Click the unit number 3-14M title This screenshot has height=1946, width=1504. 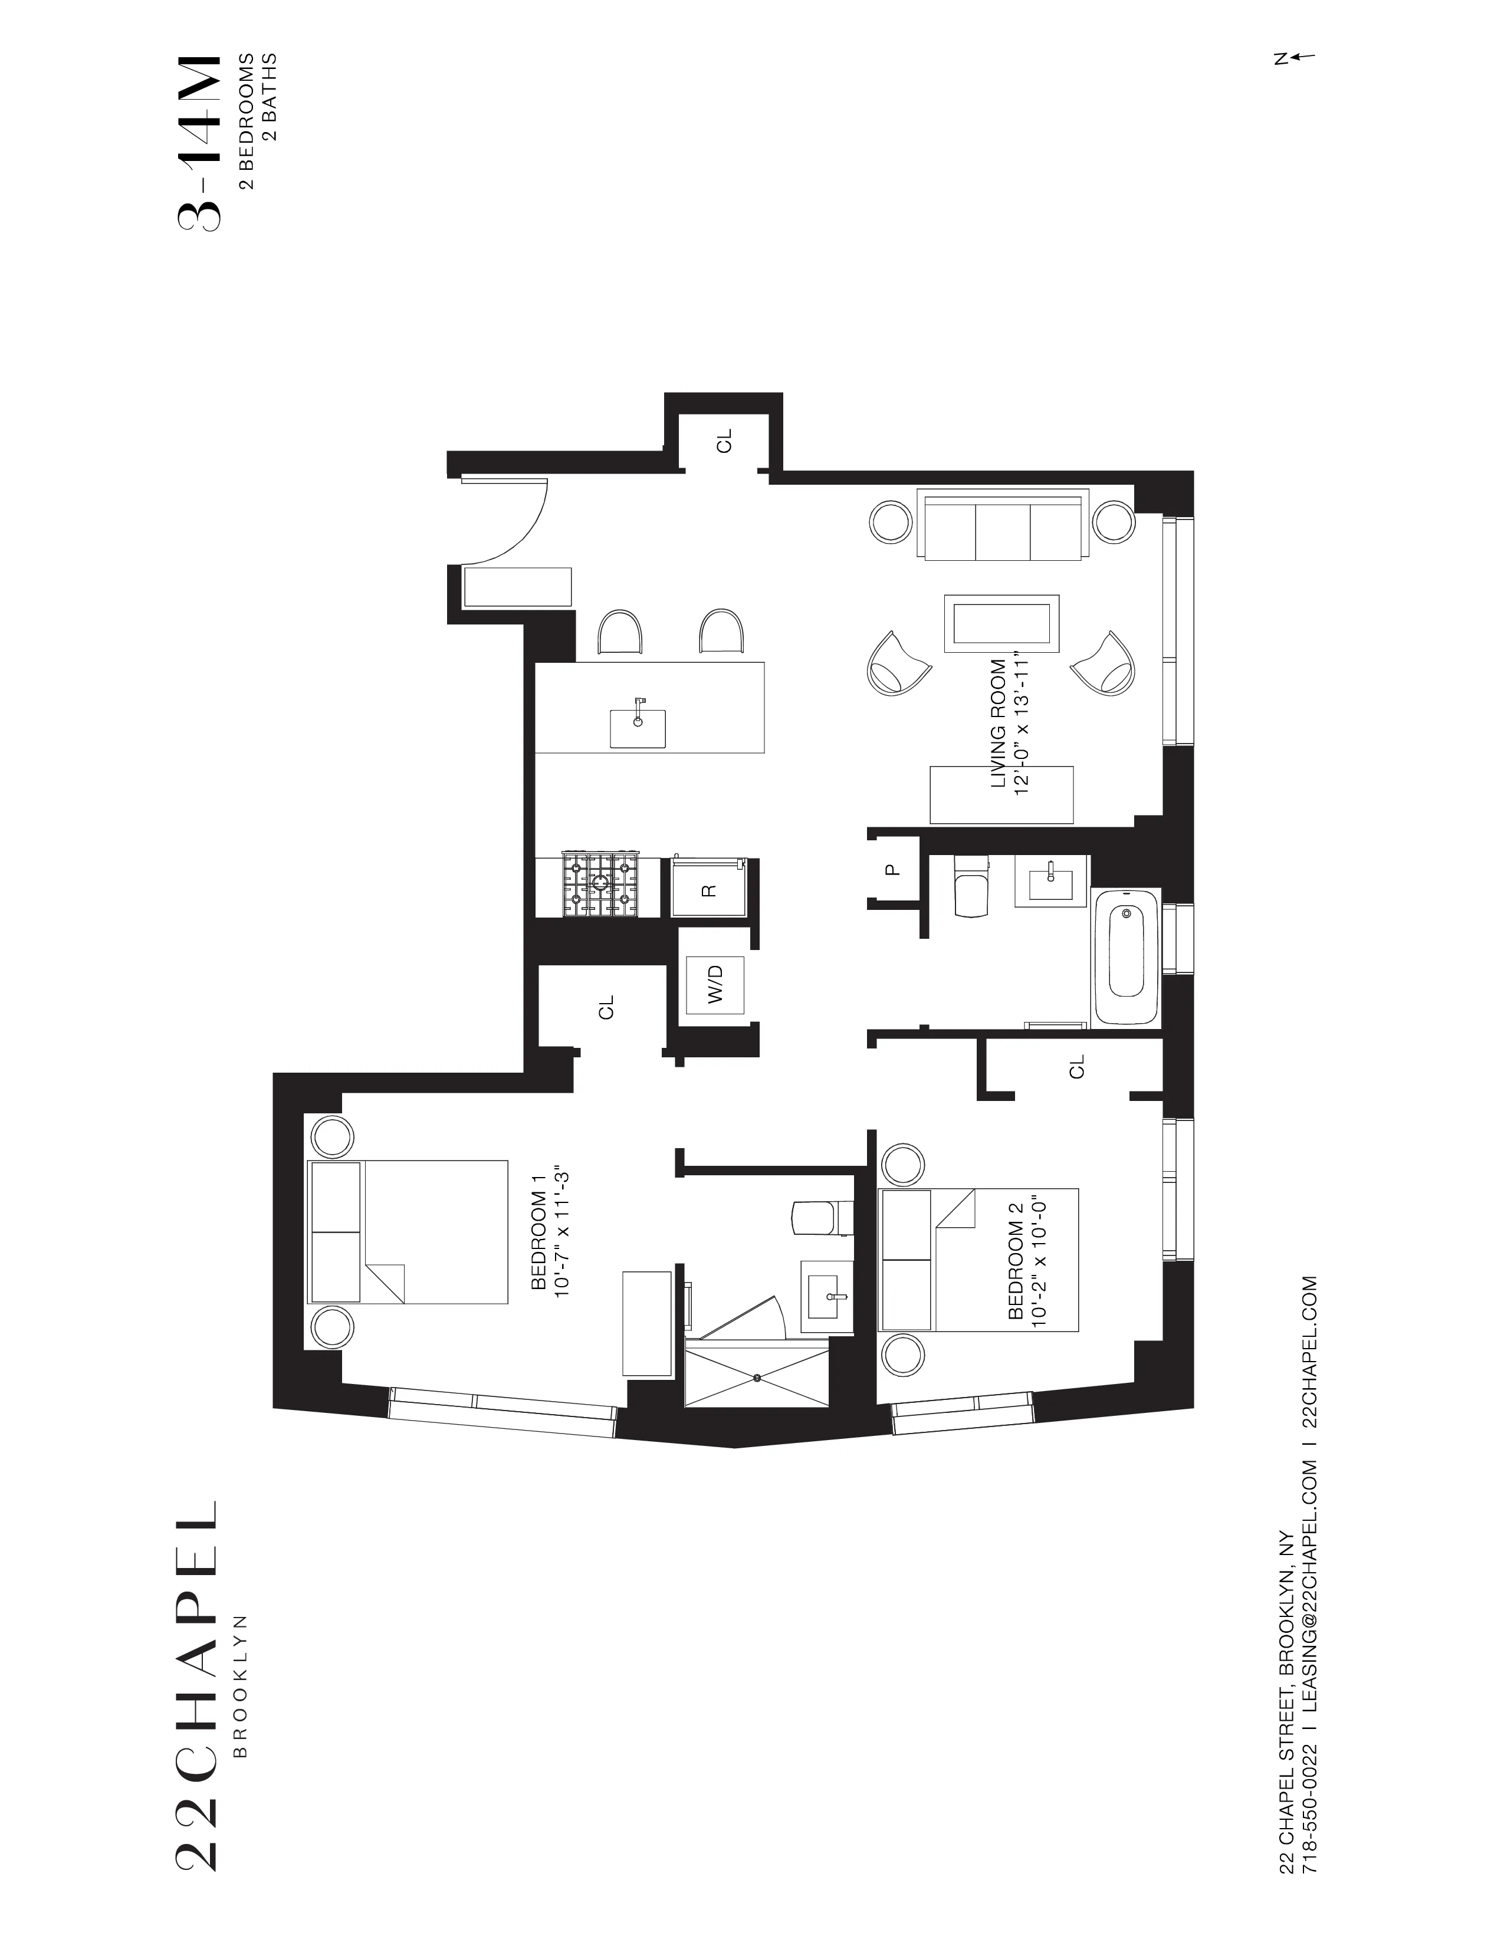[x=197, y=143]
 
